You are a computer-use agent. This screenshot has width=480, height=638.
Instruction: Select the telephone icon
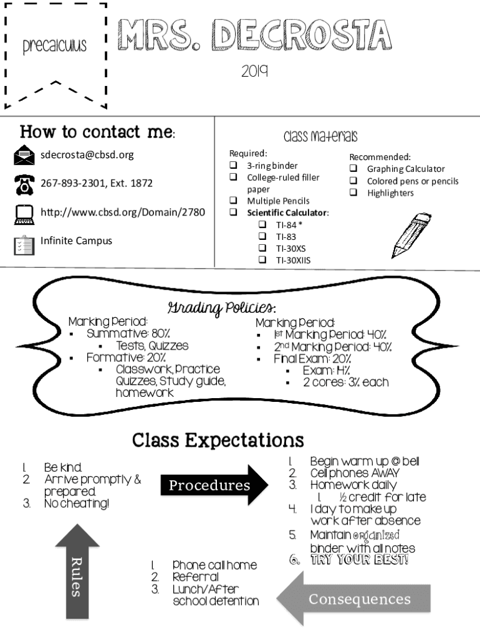(x=24, y=184)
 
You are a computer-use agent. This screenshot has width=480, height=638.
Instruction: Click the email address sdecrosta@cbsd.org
(x=87, y=155)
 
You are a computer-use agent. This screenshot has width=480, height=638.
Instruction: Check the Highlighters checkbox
(x=353, y=193)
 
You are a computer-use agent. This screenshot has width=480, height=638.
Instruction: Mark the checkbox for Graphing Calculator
(x=353, y=169)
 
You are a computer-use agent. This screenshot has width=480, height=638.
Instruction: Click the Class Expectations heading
(x=218, y=440)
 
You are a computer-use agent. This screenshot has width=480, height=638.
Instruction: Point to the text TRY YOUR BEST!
(x=358, y=559)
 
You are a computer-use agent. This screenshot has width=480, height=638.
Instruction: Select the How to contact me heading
(x=97, y=132)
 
